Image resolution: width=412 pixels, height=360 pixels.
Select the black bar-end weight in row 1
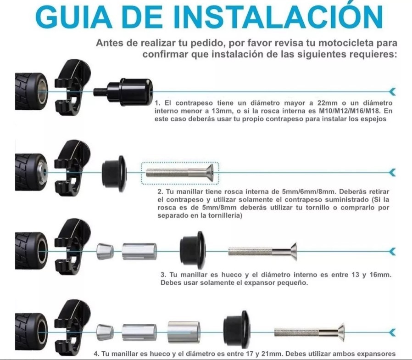[123, 92]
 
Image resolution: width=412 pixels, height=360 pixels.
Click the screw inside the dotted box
[180, 173]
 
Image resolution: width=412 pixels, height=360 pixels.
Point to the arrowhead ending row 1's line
[392, 91]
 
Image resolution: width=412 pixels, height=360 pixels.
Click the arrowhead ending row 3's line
[392, 252]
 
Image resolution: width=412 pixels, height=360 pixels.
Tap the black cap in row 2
[114, 173]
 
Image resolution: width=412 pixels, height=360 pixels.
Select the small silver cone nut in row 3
[105, 251]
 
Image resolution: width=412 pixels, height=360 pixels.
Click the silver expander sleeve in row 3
[139, 251]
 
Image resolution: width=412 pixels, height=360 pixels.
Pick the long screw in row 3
[262, 252]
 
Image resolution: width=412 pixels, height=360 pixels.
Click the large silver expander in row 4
[184, 332]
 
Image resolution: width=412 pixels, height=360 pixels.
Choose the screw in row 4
[309, 332]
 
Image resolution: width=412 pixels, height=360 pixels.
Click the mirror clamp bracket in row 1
[72, 87]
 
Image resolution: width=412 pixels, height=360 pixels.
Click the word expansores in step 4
[374, 354]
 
